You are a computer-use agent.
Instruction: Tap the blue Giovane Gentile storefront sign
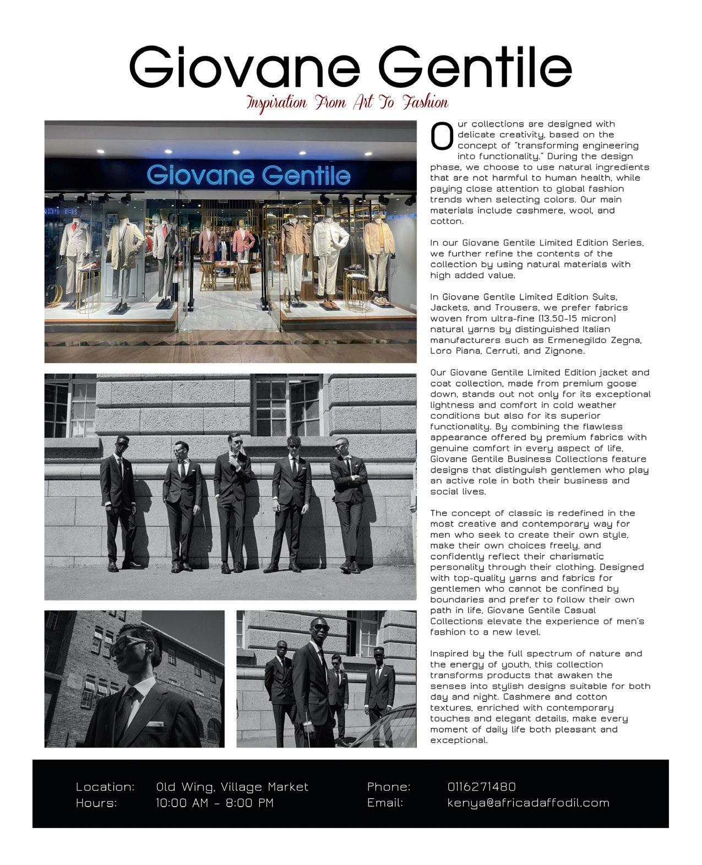pos(248,175)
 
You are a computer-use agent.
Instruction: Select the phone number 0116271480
pos(481,787)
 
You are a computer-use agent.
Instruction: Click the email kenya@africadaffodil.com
pos(528,803)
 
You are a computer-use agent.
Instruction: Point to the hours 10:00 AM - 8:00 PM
pos(215,803)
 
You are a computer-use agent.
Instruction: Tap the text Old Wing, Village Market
pos(232,787)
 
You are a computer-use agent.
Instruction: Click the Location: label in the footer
pos(105,787)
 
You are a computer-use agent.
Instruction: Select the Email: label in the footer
pos(385,803)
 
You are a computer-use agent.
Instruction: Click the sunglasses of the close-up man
pos(130,648)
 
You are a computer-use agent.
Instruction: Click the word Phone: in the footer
pos(389,787)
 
